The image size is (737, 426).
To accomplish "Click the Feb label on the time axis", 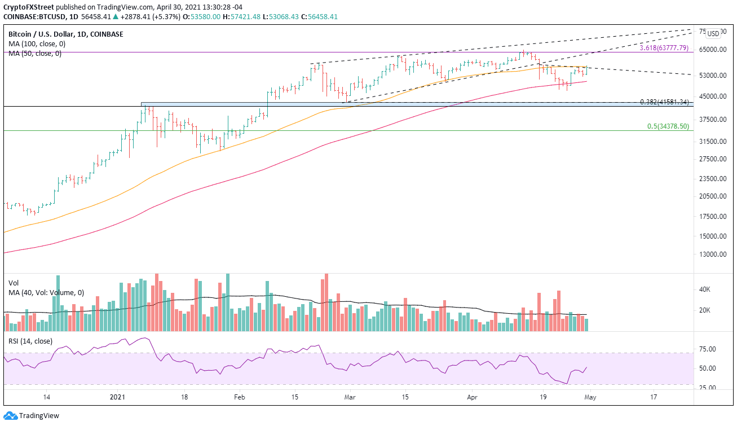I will [239, 398].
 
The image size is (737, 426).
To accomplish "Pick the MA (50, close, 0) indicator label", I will [34, 53].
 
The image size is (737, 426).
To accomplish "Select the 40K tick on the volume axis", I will [704, 289].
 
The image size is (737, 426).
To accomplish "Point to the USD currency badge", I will [713, 33].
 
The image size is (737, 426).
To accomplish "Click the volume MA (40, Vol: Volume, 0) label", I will [46, 292].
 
